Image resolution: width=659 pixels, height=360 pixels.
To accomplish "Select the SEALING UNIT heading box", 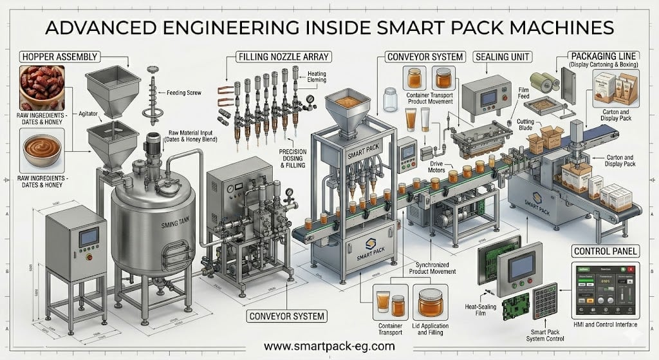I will click(503, 57).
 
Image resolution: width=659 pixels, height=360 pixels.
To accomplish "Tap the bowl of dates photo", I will click(42, 88).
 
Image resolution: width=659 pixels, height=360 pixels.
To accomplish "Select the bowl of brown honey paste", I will click(42, 149).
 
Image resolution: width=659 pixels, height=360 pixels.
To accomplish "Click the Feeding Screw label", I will click(186, 93).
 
